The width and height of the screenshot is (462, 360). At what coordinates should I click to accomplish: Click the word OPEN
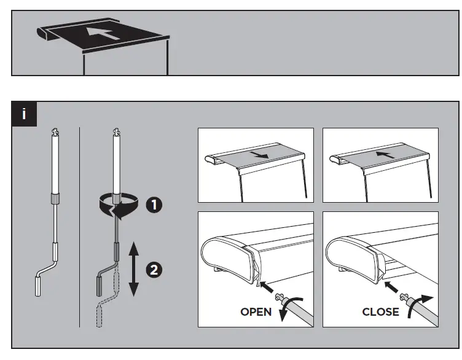[x=256, y=312]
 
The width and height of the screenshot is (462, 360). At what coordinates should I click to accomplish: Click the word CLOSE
[x=380, y=312]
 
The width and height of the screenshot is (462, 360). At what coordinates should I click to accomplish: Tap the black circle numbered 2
[x=153, y=270]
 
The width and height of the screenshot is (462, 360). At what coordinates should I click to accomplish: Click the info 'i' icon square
[x=24, y=114]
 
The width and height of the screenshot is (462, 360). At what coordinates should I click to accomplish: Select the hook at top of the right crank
[x=116, y=131]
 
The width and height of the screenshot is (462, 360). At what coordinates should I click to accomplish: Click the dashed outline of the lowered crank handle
[x=98, y=313]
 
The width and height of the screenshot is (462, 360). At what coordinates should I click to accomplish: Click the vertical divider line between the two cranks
[x=80, y=227]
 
